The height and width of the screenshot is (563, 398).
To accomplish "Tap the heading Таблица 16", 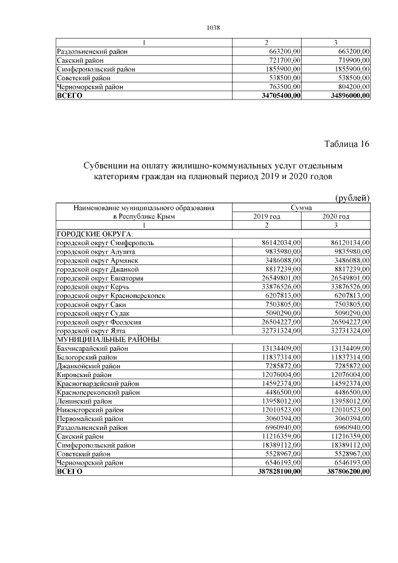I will (x=347, y=144).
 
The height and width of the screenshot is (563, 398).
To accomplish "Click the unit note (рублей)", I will (x=353, y=198).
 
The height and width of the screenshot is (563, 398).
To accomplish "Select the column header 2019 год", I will (x=266, y=216).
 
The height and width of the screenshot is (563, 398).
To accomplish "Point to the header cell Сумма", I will (x=301, y=207).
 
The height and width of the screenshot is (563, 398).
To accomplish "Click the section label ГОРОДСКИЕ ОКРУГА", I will (x=91, y=233).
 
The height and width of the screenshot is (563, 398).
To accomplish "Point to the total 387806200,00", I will (x=346, y=472).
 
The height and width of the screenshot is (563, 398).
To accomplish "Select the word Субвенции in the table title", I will (x=109, y=167).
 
